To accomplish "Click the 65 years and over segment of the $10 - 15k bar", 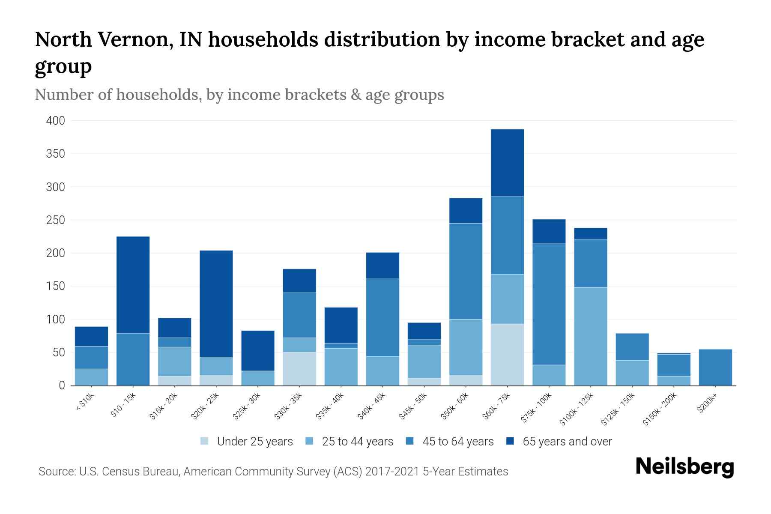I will pos(133,284).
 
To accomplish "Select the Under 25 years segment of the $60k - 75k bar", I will pos(507,354).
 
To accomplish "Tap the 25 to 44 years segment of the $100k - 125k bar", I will pos(590,336).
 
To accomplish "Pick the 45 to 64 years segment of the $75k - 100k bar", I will pos(549,304).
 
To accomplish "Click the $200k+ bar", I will pos(715,367).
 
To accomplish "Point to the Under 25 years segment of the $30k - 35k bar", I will pos(299,369).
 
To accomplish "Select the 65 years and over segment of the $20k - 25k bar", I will pos(216,303).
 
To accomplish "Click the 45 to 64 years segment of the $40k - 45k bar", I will pos(383,317).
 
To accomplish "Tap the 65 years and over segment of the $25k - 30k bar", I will pos(258,350).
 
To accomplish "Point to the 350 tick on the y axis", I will pos(55,154).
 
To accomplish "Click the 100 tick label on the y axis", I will pos(55,320).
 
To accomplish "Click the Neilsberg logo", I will pos(684,466).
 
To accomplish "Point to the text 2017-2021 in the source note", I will pos(392,472).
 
